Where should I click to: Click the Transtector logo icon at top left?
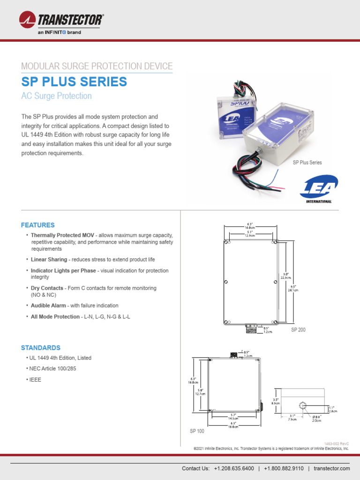[x=27, y=20]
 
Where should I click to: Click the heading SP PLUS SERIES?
[x=74, y=82]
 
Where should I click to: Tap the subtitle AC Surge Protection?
[x=56, y=96]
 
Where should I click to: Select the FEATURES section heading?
[x=37, y=225]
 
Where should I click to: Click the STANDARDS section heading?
[x=40, y=348]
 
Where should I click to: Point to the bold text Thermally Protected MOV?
[x=63, y=235]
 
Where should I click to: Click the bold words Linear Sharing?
[x=49, y=259]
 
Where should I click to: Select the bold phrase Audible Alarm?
[x=48, y=306]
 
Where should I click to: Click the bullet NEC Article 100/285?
[x=52, y=369]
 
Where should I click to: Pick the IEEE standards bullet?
[x=35, y=380]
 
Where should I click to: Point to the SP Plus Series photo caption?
[x=307, y=163]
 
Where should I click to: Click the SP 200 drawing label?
[x=298, y=330]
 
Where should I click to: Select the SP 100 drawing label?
[x=197, y=431]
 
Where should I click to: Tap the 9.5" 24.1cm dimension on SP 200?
[x=293, y=287]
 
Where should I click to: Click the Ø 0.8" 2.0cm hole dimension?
[x=317, y=419]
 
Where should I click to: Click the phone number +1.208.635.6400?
[x=234, y=469]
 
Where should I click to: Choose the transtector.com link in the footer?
[x=332, y=469]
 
